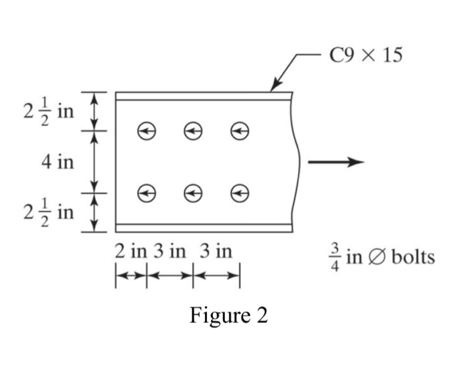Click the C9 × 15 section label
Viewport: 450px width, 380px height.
[366, 55]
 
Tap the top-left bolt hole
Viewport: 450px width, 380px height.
[147, 131]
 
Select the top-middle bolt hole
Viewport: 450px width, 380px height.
[193, 131]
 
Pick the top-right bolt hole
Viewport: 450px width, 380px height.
[240, 131]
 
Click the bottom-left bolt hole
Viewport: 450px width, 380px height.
[147, 193]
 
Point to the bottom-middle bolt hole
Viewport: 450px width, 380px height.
[193, 193]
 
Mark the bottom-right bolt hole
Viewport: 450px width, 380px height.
[240, 193]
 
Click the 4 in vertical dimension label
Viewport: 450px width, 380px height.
[57, 162]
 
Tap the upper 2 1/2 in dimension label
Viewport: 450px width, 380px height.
[48, 111]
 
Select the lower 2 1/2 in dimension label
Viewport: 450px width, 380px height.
[48, 212]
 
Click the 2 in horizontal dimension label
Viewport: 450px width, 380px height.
[130, 251]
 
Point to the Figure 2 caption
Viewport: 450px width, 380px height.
[228, 316]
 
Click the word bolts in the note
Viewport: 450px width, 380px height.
[413, 257]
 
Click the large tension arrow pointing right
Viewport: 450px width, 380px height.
[336, 162]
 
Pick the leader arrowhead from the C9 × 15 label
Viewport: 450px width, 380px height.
[276, 86]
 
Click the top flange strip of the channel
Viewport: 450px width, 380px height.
[204, 96]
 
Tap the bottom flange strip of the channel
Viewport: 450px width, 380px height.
[204, 228]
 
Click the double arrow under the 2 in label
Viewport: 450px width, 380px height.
[131, 276]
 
